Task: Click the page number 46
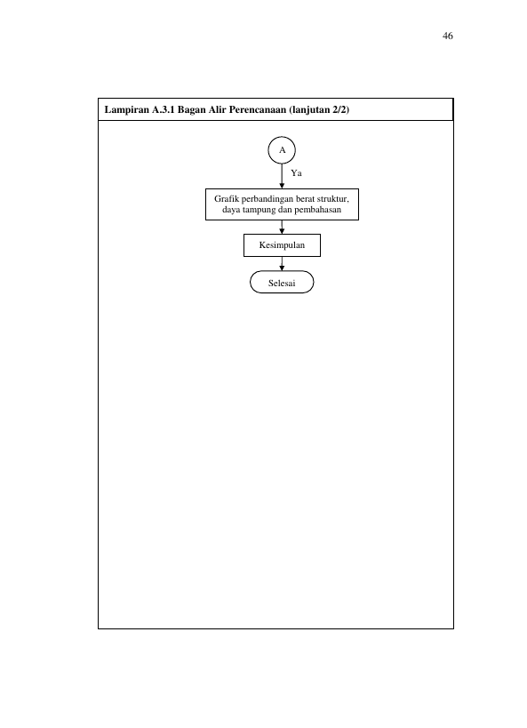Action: coord(448,36)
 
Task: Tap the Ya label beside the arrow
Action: coord(296,173)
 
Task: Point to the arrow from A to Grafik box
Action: coord(282,176)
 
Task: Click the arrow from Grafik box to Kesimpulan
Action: coord(282,227)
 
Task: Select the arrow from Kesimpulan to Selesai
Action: coord(282,264)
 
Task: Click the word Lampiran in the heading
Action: coord(127,110)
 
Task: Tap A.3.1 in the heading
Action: coord(164,109)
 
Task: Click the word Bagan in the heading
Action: coord(191,110)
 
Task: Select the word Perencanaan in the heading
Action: coord(257,109)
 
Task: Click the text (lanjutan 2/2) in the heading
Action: coord(319,110)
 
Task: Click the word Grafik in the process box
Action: coord(226,199)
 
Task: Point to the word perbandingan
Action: coord(267,199)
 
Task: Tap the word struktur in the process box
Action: coord(332,199)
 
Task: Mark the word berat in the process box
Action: coord(305,199)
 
